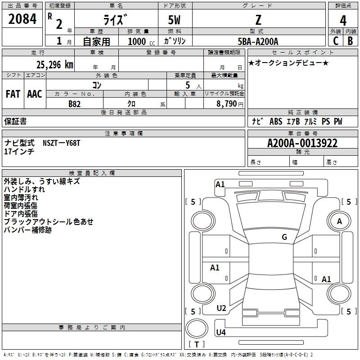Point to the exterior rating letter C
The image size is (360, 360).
coord(335,41)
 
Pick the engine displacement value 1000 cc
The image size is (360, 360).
coord(138,41)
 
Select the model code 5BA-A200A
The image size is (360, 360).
coord(258,41)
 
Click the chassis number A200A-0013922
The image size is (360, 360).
coord(302,143)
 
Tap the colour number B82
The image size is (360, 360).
coord(74,103)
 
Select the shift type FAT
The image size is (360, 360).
coord(13,94)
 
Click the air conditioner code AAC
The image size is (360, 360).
coord(34,94)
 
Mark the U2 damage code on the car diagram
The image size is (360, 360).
coord(221,308)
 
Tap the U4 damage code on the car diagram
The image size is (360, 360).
coord(220,333)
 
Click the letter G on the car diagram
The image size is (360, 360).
coord(284,237)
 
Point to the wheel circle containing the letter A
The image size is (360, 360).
coord(339,221)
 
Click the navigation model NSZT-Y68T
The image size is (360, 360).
coord(61,143)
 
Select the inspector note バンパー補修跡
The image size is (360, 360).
coord(27,230)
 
